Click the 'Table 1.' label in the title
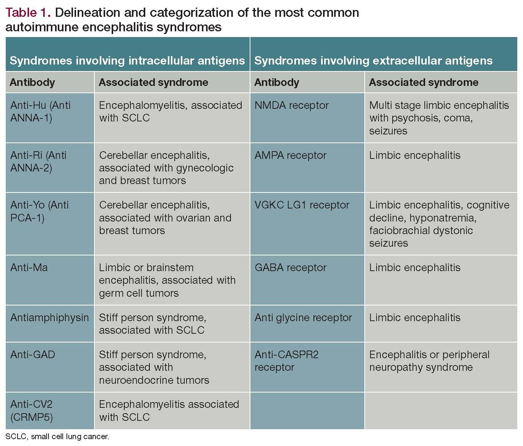(28, 13)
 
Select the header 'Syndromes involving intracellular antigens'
(127, 61)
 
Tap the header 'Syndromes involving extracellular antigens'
(373, 61)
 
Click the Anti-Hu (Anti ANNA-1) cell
(41, 112)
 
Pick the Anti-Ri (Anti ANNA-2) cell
(38, 162)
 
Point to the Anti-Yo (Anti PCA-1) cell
(39, 211)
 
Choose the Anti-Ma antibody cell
(29, 268)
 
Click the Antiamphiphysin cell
(50, 318)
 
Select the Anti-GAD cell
(33, 355)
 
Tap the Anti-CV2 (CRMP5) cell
(32, 410)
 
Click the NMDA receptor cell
(291, 105)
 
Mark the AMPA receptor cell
(290, 155)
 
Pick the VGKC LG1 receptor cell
(302, 205)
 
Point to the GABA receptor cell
(290, 268)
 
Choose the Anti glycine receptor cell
(303, 318)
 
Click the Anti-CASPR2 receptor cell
(286, 361)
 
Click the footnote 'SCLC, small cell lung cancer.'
(57, 436)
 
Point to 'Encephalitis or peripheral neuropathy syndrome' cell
(429, 361)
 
